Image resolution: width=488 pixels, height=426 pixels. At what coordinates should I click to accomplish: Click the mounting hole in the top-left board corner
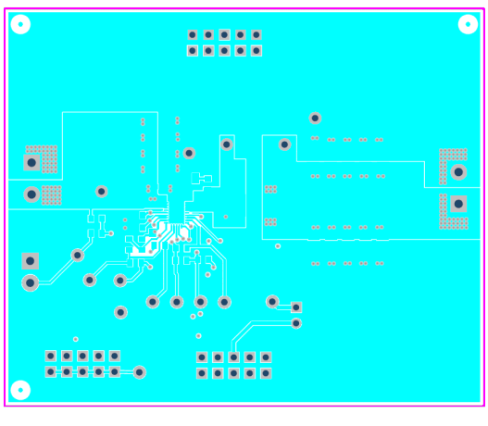click(20, 25)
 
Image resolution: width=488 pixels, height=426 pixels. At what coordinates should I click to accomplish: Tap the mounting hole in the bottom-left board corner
click(20, 390)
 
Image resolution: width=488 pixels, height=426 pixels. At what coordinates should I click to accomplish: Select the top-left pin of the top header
click(193, 35)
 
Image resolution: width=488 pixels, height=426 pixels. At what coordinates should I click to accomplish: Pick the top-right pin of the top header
click(257, 35)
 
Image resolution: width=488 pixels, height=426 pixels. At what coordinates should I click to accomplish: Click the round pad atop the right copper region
click(315, 118)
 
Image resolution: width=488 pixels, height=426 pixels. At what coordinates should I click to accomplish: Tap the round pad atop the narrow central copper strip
click(226, 144)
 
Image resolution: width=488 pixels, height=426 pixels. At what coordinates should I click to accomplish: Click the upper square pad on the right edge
click(457, 171)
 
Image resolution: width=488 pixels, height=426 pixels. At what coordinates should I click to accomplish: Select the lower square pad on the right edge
click(457, 205)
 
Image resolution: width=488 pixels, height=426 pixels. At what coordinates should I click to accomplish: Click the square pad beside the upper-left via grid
click(31, 163)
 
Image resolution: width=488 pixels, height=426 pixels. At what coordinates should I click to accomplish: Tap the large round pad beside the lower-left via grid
click(31, 194)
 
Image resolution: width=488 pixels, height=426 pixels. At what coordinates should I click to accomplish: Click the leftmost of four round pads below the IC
click(153, 302)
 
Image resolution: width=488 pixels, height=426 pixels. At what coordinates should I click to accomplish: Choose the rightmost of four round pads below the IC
click(224, 302)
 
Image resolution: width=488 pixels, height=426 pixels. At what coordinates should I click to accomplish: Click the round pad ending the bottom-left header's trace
click(139, 372)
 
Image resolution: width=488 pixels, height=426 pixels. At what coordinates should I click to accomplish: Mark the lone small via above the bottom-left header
click(76, 340)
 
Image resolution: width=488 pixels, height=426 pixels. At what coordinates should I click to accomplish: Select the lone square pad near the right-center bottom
click(296, 307)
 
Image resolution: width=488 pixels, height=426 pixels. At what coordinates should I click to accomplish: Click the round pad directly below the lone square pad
click(296, 323)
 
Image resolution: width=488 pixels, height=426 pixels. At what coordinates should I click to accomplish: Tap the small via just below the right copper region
click(278, 246)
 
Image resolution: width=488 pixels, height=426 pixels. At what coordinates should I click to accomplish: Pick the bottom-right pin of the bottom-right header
click(266, 373)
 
